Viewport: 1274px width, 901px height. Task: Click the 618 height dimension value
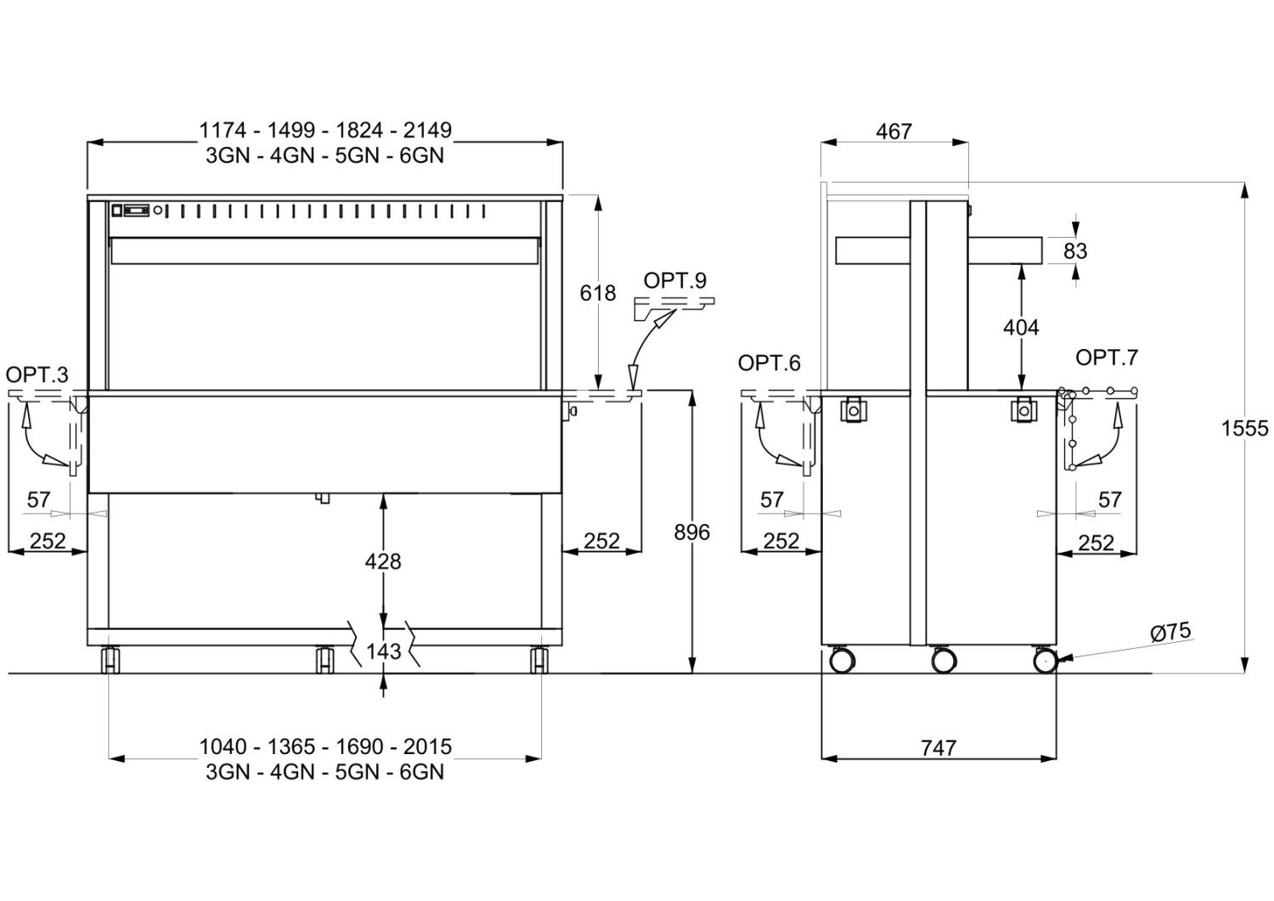click(598, 293)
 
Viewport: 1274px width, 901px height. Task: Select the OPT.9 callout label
click(675, 280)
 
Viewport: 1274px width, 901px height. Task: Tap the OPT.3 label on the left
click(37, 374)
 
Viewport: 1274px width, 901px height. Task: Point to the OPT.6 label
click(769, 363)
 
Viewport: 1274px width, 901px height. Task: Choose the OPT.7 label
click(1107, 358)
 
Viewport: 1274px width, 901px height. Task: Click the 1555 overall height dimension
click(1245, 428)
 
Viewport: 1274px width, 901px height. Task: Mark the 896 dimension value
click(691, 532)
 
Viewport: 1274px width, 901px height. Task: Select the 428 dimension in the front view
click(383, 562)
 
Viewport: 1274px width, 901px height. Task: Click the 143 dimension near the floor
click(383, 651)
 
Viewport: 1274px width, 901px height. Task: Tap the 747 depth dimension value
click(939, 748)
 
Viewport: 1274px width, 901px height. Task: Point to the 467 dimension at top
click(894, 132)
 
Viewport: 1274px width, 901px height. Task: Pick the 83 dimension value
click(1075, 251)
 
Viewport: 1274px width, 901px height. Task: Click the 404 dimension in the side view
click(1021, 328)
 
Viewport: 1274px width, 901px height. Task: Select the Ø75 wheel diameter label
click(1170, 631)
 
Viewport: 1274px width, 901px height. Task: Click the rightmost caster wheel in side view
click(1044, 662)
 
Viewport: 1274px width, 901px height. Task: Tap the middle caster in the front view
click(324, 660)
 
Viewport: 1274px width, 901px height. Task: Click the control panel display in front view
click(137, 211)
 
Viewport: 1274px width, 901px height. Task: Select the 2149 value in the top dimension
click(427, 130)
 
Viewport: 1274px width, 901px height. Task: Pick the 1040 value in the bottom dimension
click(223, 746)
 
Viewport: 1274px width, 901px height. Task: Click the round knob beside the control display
click(157, 211)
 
